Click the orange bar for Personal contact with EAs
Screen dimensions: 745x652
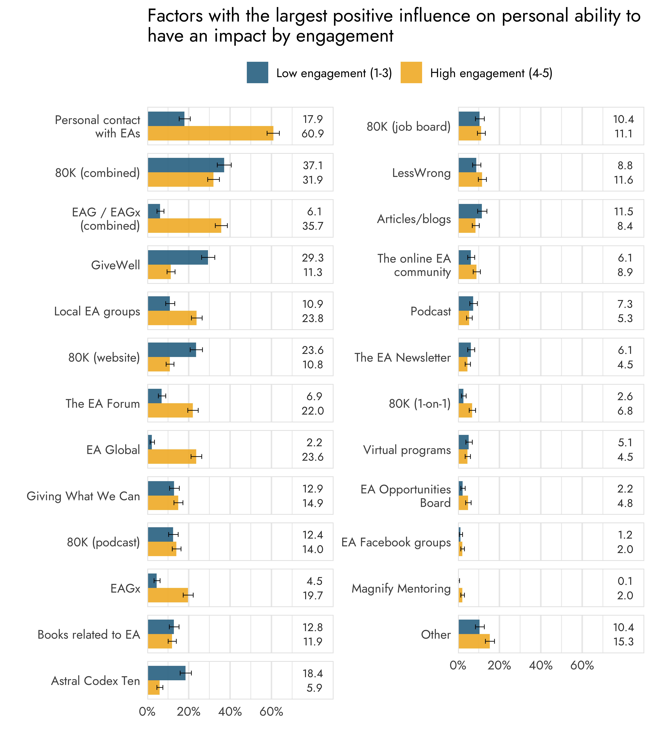point(210,133)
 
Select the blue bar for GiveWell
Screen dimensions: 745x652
point(178,257)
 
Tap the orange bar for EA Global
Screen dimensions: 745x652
point(172,456)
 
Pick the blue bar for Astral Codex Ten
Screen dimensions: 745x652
point(167,673)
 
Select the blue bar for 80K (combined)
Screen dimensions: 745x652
point(186,165)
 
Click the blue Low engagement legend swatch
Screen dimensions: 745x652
point(257,73)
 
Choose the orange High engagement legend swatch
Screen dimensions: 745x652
point(411,73)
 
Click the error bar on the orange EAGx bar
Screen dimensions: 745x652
point(188,595)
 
